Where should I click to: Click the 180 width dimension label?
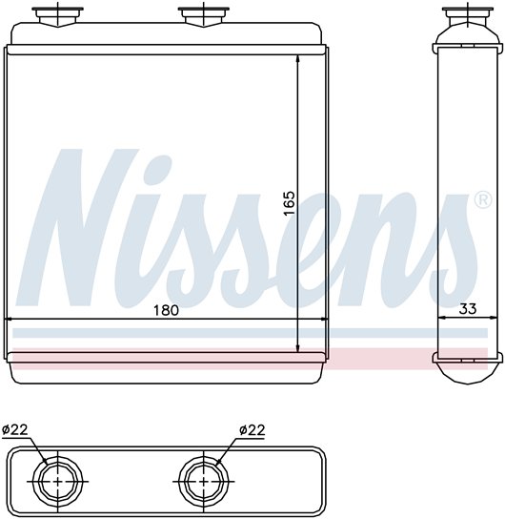click(x=166, y=310)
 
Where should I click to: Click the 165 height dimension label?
click(x=289, y=202)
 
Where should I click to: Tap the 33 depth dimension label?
click(x=468, y=309)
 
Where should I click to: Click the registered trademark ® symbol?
click(x=483, y=200)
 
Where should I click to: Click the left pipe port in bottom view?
click(x=57, y=481)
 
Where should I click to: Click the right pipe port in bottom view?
click(x=203, y=481)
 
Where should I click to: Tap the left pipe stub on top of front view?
click(x=58, y=16)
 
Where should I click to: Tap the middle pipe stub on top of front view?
click(x=204, y=16)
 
